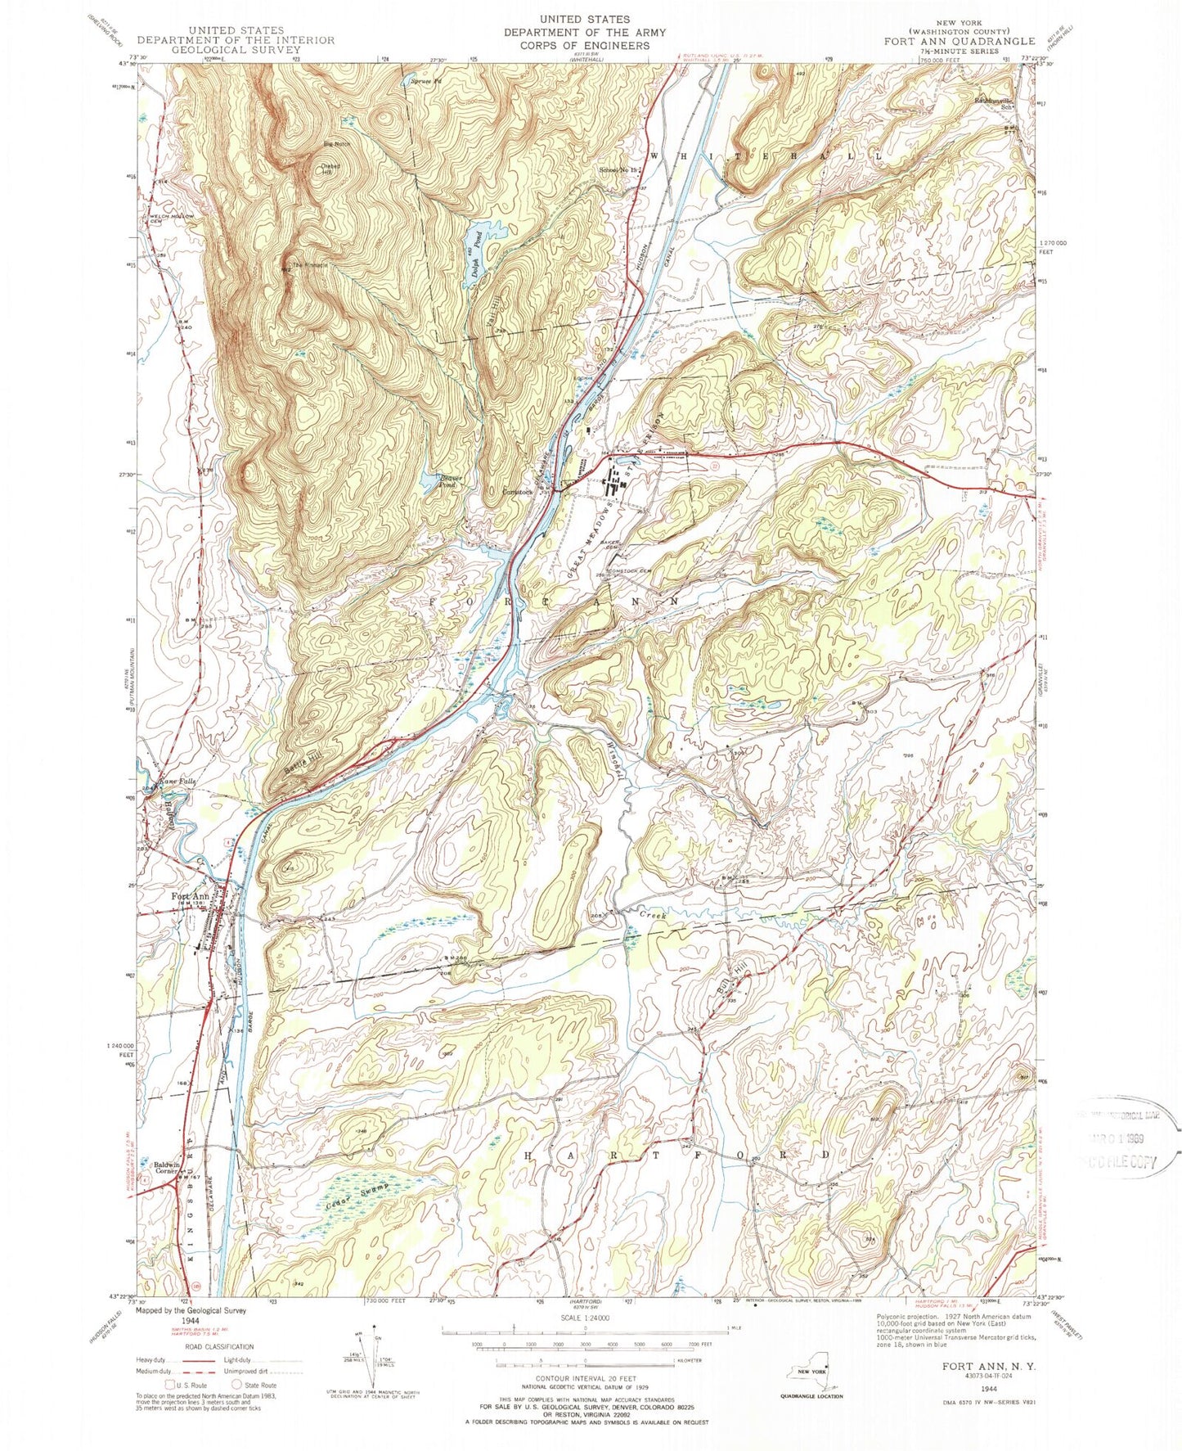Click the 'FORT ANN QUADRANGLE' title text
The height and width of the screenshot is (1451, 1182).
(959, 40)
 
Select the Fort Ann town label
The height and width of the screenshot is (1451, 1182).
(191, 896)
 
